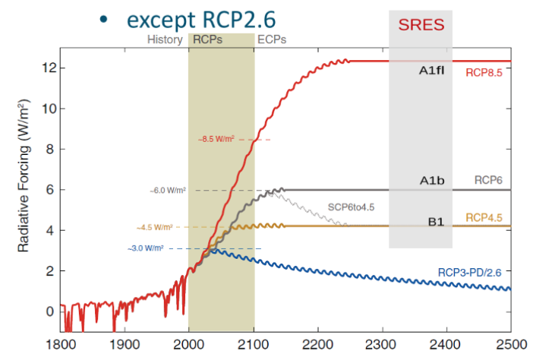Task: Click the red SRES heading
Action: point(421,24)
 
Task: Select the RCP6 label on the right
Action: point(487,182)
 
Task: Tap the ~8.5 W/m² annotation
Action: point(217,140)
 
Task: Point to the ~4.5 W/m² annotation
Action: point(155,226)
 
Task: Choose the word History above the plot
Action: point(165,39)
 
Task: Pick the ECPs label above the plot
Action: point(273,39)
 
